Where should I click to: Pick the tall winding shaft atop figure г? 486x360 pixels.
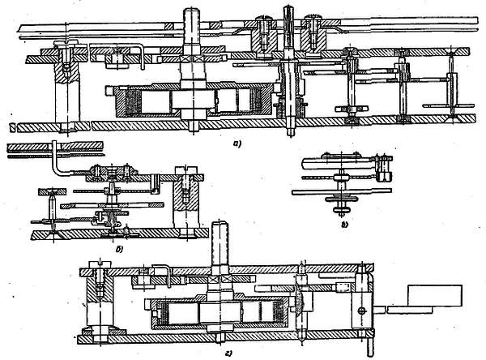(218, 243)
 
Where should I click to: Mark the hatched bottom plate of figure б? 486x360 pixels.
(113, 234)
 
